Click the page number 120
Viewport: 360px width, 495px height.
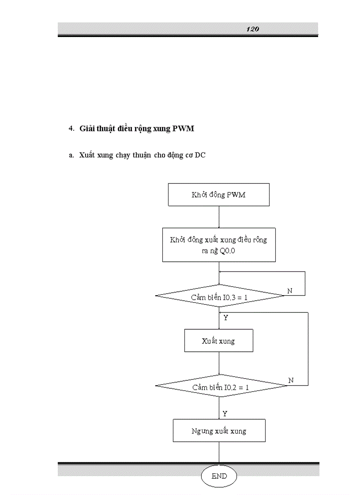point(252,29)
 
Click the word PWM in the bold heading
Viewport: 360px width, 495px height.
point(183,129)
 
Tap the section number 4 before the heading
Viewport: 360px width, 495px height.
point(71,129)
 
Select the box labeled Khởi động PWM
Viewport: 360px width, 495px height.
point(218,195)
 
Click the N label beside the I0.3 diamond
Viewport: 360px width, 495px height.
point(290,291)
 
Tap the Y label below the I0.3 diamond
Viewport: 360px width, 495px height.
point(225,317)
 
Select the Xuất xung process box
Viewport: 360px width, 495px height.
point(218,341)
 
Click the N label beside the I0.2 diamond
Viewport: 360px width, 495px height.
point(291,380)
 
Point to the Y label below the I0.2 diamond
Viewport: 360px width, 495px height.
point(225,413)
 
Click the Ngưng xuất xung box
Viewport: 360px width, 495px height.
point(219,431)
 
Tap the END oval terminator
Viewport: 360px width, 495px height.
point(219,476)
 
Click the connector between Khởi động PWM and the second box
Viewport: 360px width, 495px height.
point(219,217)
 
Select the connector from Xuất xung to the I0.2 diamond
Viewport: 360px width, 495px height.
point(219,363)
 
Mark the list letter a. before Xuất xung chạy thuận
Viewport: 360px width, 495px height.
point(71,155)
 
